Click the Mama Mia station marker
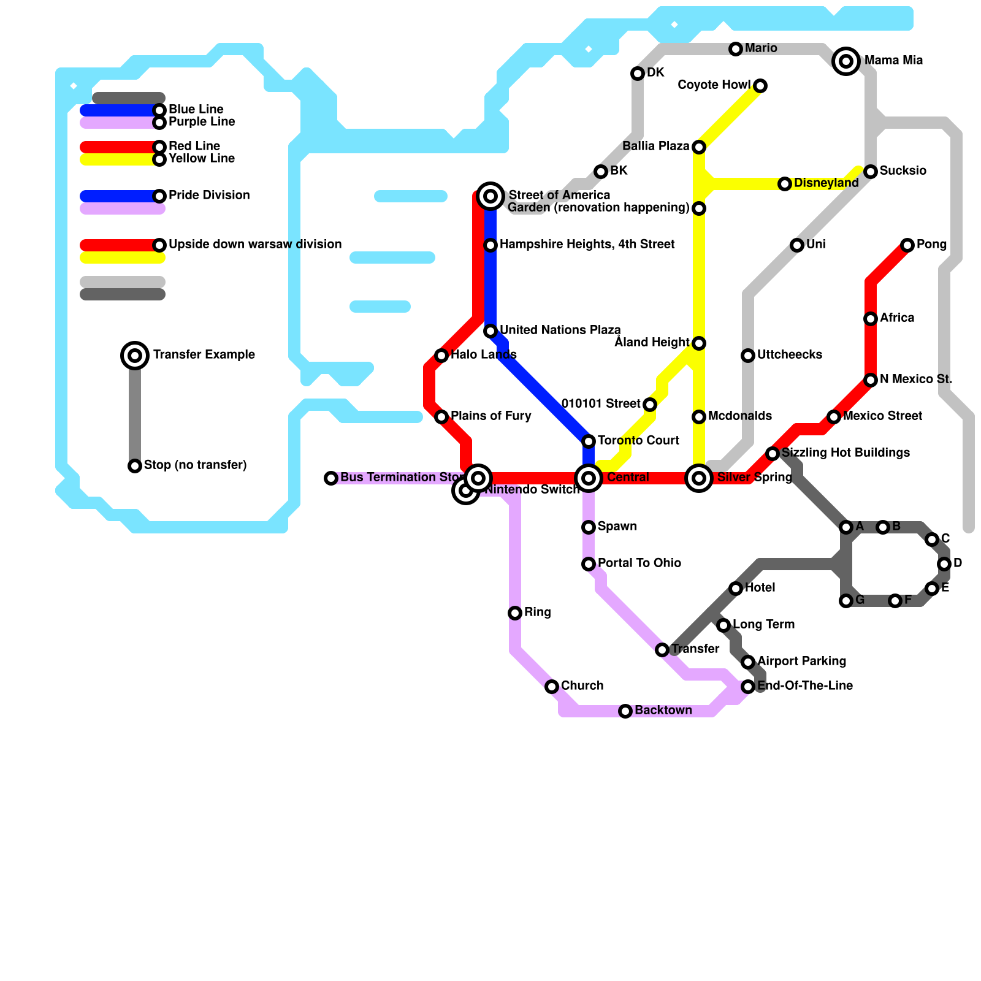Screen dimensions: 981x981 point(846,61)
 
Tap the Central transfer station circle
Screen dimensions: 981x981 point(589,478)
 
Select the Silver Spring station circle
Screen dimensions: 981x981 point(699,478)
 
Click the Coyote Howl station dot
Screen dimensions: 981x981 point(760,86)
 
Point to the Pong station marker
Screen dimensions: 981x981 point(907,245)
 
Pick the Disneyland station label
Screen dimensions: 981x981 point(826,183)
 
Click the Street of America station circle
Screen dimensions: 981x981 point(490,196)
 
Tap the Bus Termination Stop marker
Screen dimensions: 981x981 point(331,478)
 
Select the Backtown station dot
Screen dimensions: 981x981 point(625,711)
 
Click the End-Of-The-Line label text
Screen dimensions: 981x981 point(805,685)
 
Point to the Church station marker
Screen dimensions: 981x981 point(552,687)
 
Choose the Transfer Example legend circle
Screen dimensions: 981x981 point(135,355)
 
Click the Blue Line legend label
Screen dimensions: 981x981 point(196,109)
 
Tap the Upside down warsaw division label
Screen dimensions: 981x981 point(255,244)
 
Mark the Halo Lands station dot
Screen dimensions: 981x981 point(441,356)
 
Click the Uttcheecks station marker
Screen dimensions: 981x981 point(748,356)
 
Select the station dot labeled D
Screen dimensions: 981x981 point(944,564)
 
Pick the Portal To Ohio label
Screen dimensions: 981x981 point(639,563)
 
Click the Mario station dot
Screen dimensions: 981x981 point(736,49)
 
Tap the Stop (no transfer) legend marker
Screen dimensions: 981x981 point(135,466)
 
